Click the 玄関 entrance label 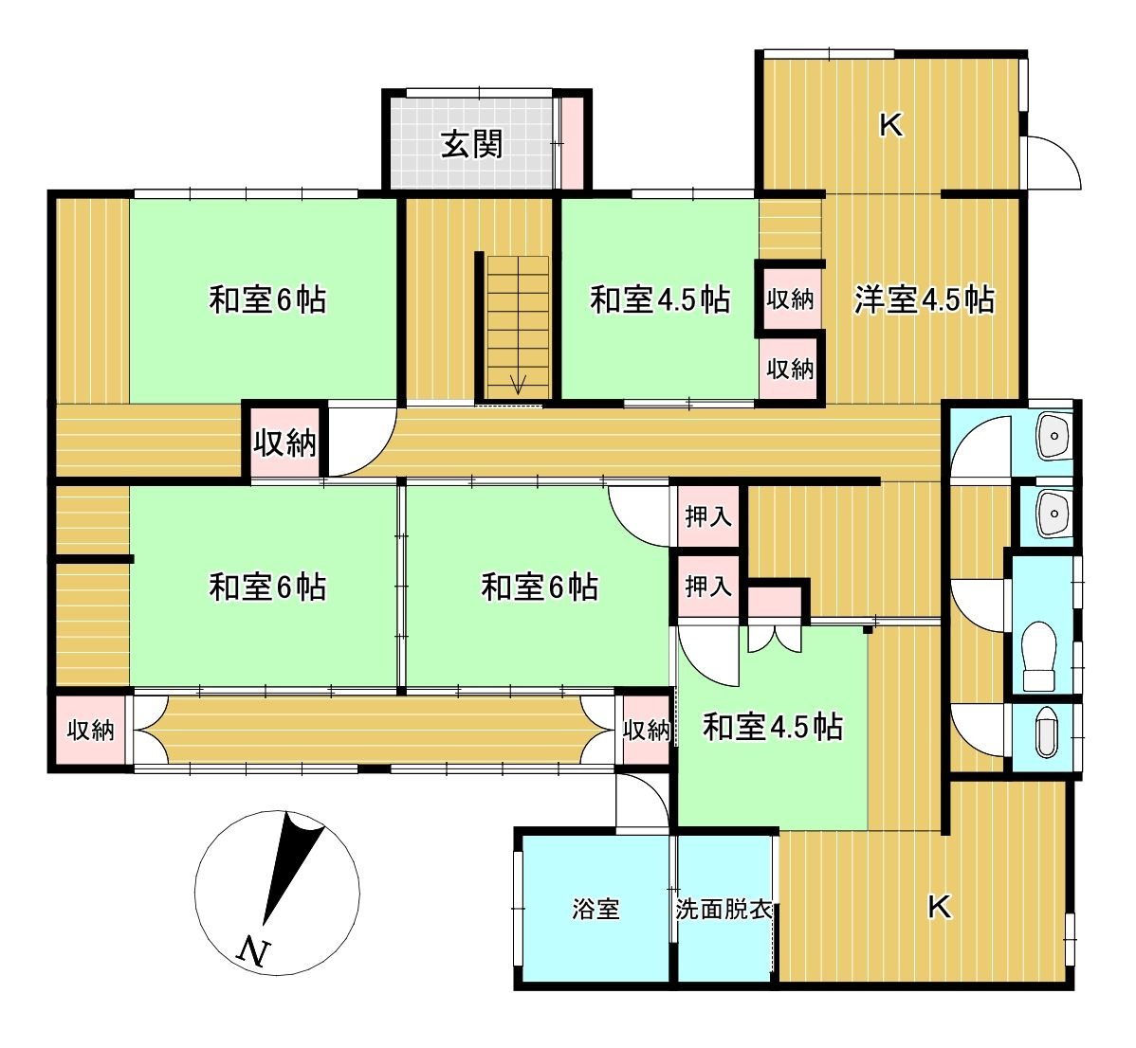pyautogui.click(x=471, y=145)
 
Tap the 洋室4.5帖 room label pyautogui.click(x=925, y=298)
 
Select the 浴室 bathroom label pyautogui.click(x=595, y=909)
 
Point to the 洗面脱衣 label pyautogui.click(x=724, y=909)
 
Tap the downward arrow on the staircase pyautogui.click(x=518, y=384)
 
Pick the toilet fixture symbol pyautogui.click(x=1039, y=657)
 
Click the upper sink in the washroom pyautogui.click(x=1054, y=437)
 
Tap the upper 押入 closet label pyautogui.click(x=707, y=516)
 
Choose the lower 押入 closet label pyautogui.click(x=707, y=587)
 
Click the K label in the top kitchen pyautogui.click(x=891, y=126)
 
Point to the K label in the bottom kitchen pyautogui.click(x=939, y=906)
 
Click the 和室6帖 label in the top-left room pyautogui.click(x=268, y=298)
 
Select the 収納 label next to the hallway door pyautogui.click(x=284, y=443)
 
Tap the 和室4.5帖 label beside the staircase pyautogui.click(x=660, y=298)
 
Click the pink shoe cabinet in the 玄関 pyautogui.click(x=573, y=142)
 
